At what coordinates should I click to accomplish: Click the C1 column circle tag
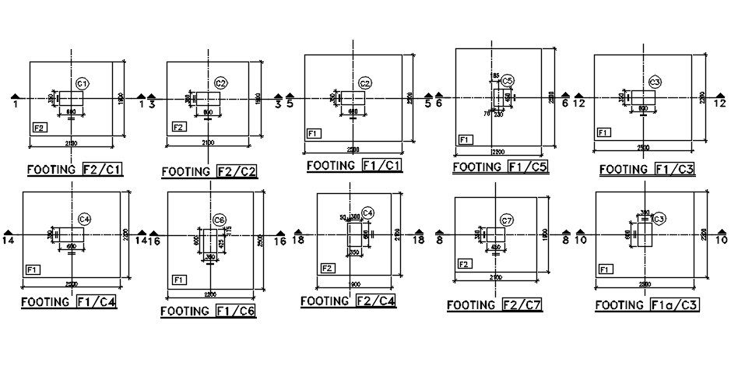pyautogui.click(x=83, y=83)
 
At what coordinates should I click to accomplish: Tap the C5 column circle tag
pyautogui.click(x=508, y=80)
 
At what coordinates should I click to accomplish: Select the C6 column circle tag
pyautogui.click(x=220, y=219)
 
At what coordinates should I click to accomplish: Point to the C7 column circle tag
pyautogui.click(x=507, y=220)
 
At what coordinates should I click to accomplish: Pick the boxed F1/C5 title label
pyautogui.click(x=527, y=167)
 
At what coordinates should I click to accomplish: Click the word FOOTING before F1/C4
pyautogui.click(x=47, y=301)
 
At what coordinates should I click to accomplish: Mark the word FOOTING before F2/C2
pyautogui.click(x=187, y=171)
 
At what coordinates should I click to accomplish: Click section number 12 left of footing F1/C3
pyautogui.click(x=579, y=103)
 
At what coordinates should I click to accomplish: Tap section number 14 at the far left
pyautogui.click(x=9, y=241)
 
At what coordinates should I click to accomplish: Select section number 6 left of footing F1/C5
pyautogui.click(x=439, y=103)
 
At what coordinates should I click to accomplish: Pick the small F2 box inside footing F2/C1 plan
pyautogui.click(x=39, y=126)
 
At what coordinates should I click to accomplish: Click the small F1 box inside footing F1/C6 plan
pyautogui.click(x=179, y=279)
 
